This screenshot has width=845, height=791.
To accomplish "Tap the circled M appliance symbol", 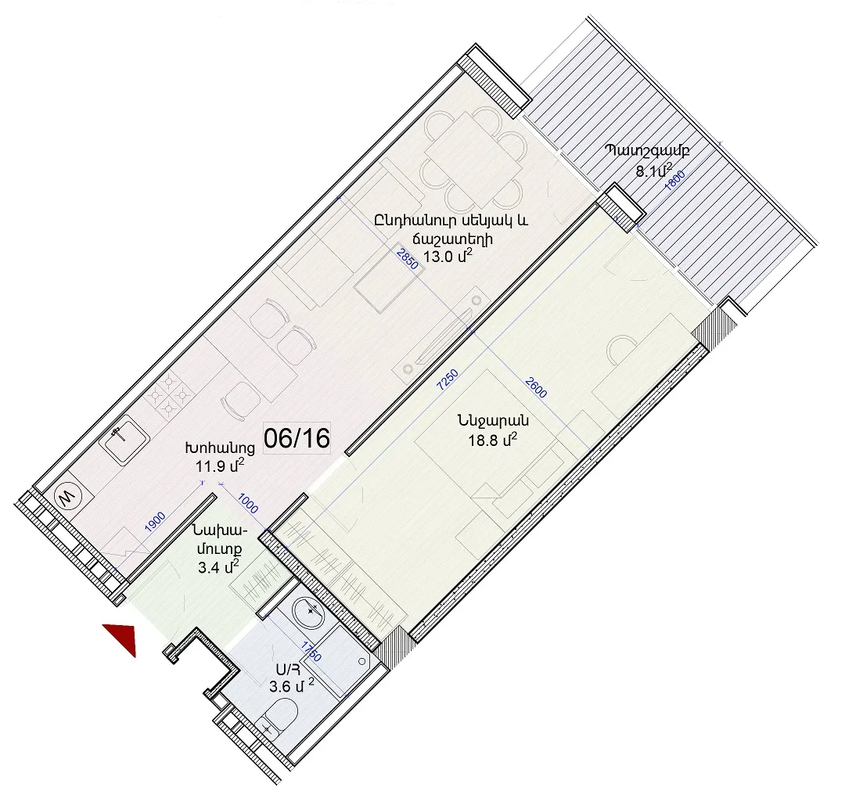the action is pos(69,496).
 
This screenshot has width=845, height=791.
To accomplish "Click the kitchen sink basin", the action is pos(124,441).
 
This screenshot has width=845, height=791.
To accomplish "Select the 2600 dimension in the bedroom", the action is pos(536,387).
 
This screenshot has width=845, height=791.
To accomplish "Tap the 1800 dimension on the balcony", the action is pos(674,181).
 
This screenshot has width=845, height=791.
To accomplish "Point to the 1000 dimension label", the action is pos(248,503).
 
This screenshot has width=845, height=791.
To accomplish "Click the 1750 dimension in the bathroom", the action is pos(311,651).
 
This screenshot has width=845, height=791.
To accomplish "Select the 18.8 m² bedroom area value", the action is pos(493,440).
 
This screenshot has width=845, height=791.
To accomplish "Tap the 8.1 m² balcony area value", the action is pos(653,171).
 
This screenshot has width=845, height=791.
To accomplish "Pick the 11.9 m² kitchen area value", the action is pos(220,465).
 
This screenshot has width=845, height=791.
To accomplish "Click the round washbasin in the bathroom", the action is pos(311,611).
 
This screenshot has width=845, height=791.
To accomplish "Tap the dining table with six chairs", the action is pos(473,160).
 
